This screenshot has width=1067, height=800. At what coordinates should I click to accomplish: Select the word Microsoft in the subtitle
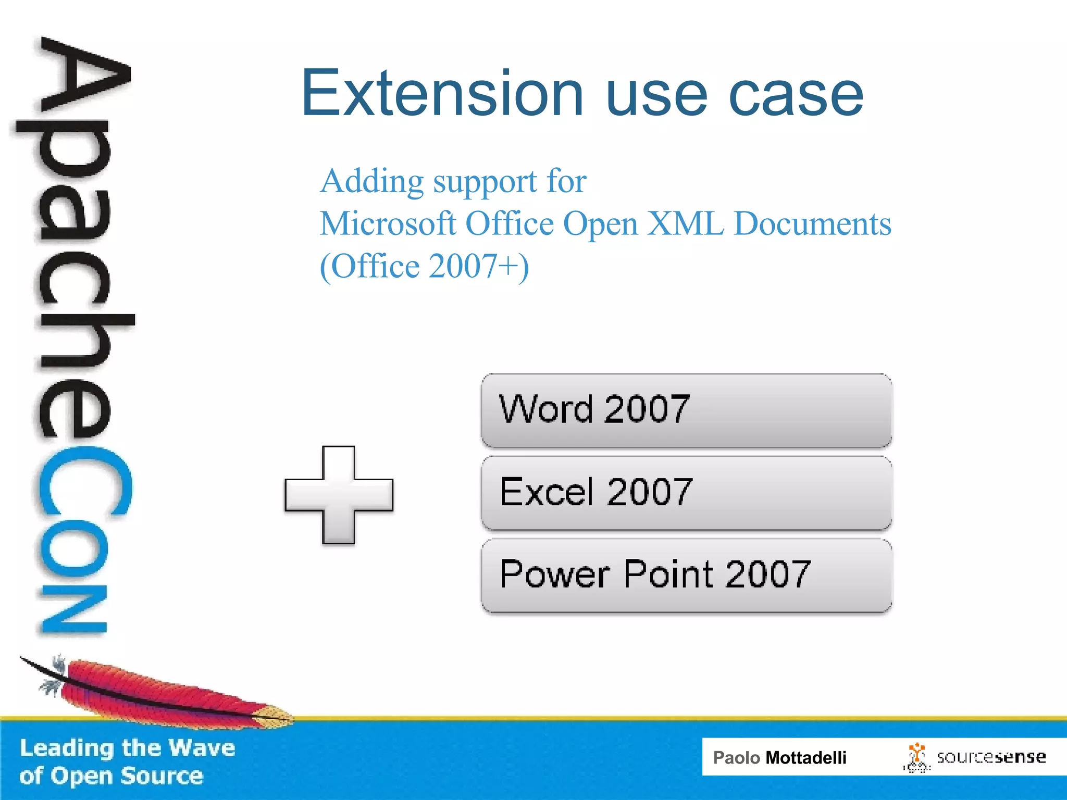[388, 224]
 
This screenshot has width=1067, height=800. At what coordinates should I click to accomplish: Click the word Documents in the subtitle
[812, 224]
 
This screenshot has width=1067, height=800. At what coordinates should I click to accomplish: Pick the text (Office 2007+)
[424, 267]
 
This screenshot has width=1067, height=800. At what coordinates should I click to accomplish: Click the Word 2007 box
[686, 410]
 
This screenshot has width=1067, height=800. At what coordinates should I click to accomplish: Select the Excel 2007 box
[686, 493]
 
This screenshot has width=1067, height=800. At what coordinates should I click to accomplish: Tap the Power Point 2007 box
[686, 575]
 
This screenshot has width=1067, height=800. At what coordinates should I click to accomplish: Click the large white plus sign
[339, 495]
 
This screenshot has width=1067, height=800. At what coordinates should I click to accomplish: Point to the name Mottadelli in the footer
[805, 758]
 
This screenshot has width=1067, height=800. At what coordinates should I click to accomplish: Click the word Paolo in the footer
[736, 758]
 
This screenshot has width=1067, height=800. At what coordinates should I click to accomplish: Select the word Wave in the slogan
[202, 748]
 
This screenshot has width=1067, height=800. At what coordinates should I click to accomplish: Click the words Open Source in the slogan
[127, 776]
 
